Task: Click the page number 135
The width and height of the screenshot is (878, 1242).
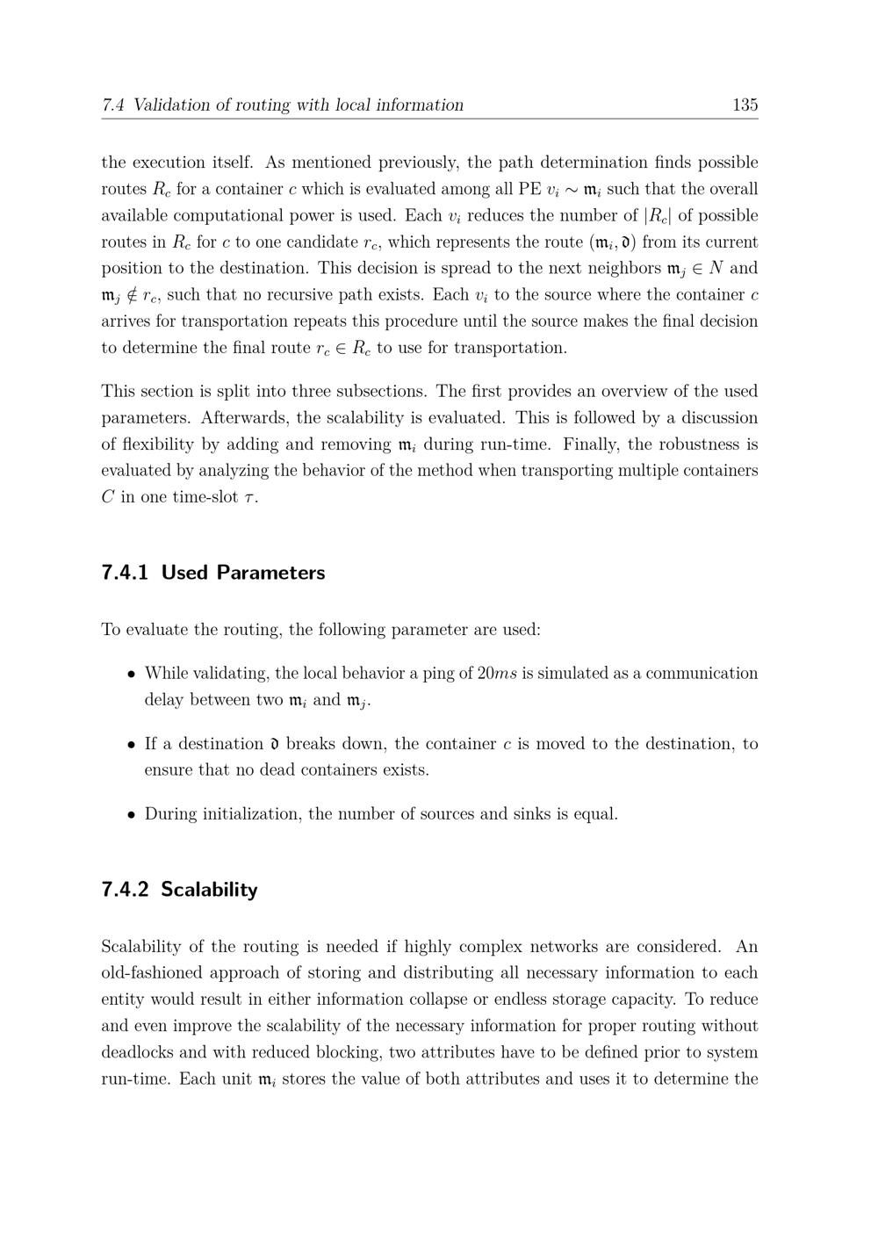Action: (x=745, y=105)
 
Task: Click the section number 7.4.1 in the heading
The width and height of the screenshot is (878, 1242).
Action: (x=125, y=573)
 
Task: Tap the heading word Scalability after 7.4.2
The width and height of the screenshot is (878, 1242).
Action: (x=209, y=890)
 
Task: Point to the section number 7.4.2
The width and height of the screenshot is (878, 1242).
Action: (x=125, y=890)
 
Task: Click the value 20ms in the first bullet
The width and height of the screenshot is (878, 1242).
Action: (x=497, y=674)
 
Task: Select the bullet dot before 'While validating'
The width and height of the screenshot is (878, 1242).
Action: (x=131, y=675)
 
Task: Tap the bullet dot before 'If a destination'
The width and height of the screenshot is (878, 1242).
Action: (x=131, y=745)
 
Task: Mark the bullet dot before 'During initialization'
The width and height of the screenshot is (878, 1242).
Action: (x=131, y=815)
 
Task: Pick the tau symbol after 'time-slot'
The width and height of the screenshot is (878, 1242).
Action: (x=249, y=498)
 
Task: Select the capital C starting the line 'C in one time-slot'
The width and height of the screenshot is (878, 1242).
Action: (x=108, y=497)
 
